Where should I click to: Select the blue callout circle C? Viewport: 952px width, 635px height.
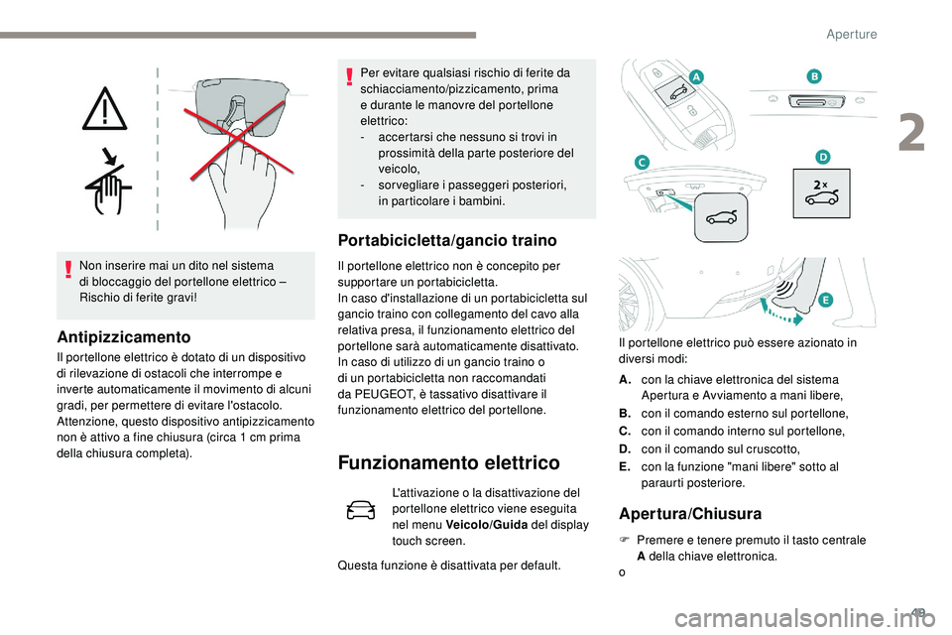tap(642, 162)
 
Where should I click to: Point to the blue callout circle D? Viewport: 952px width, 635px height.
tap(822, 156)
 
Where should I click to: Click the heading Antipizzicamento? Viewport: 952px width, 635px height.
tap(123, 335)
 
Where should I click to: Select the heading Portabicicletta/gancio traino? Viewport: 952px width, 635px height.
tap(447, 239)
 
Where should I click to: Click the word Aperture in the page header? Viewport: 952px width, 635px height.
tap(851, 34)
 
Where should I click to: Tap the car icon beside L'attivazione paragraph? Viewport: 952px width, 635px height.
tap(362, 510)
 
